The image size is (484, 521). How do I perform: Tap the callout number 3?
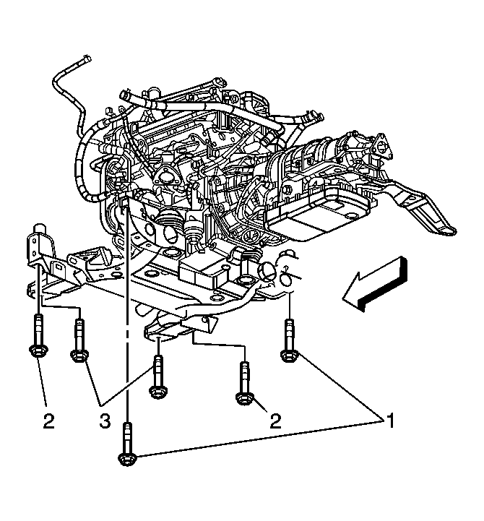[105, 421]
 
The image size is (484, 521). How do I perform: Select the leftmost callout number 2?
[48, 421]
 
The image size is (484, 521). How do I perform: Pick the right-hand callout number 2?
[275, 421]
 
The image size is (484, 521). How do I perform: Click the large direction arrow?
[375, 283]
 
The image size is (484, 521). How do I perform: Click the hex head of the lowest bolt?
[128, 459]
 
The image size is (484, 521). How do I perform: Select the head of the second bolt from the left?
[79, 356]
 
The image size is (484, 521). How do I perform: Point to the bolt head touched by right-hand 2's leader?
[245, 398]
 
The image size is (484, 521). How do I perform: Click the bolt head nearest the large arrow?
[290, 356]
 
